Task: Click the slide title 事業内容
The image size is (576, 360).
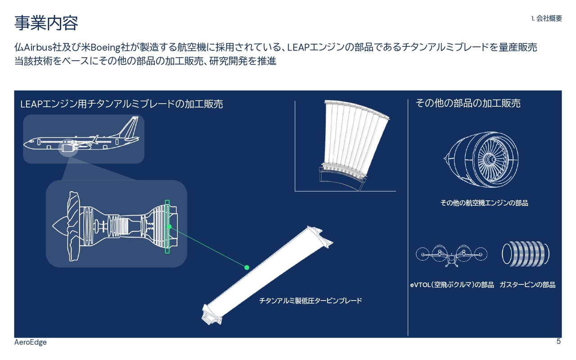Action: (46, 23)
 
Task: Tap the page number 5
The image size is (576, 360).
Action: (558, 342)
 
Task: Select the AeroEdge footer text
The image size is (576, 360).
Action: (30, 342)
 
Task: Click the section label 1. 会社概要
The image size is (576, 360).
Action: (546, 18)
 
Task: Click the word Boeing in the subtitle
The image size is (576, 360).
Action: (105, 47)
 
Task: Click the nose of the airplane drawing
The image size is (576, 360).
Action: (26, 144)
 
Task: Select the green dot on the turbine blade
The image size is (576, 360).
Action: (247, 267)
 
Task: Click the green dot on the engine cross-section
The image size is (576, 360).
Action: (169, 226)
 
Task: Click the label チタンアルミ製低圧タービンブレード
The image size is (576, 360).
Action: (310, 301)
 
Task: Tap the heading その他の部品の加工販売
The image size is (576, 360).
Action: (468, 103)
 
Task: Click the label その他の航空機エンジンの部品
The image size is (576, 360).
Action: (484, 203)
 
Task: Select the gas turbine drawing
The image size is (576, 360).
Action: (525, 254)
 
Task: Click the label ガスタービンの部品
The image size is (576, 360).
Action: (527, 285)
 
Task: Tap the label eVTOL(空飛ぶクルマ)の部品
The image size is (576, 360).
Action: (452, 285)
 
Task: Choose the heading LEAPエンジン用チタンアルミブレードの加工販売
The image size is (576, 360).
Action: (121, 104)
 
